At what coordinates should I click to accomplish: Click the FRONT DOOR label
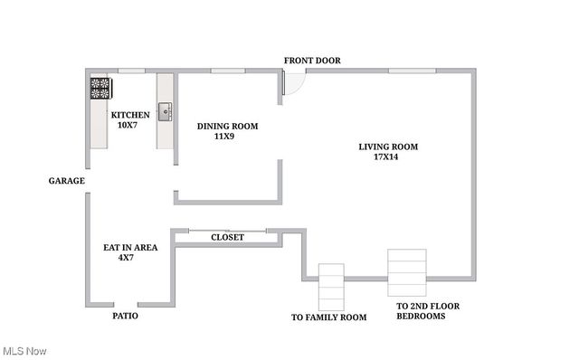312,61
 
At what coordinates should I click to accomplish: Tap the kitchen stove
100,89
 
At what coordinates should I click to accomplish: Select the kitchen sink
166,112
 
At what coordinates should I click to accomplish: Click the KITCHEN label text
130,115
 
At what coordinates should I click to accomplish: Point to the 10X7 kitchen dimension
127,125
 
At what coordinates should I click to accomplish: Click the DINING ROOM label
227,127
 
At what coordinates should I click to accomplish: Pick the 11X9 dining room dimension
223,137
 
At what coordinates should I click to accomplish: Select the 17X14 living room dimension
386,156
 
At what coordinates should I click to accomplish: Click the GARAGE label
67,181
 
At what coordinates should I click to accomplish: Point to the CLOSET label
227,237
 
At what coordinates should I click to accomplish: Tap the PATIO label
125,317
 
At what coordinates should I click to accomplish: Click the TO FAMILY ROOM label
328,317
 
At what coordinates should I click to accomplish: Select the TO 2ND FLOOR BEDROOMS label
428,311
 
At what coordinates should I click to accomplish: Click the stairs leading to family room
331,287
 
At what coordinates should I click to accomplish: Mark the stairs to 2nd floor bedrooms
406,271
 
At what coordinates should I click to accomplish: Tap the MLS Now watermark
24,350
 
